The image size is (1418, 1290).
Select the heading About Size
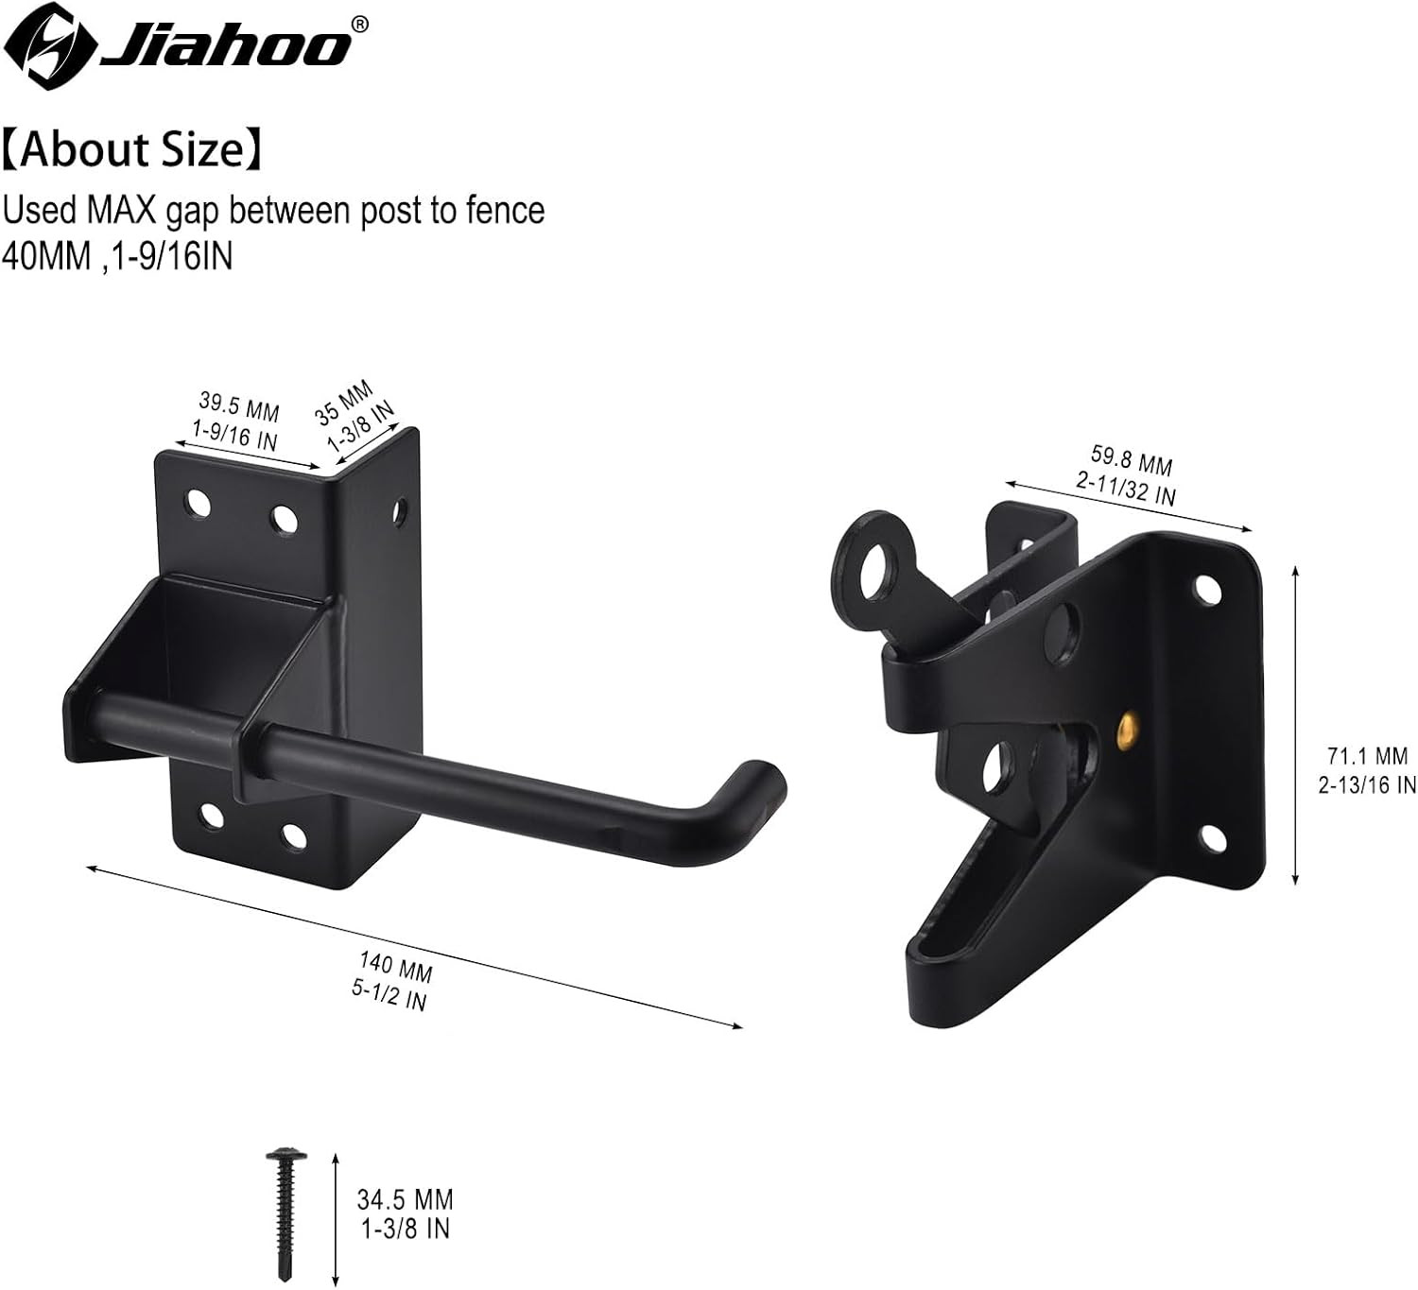coord(132,150)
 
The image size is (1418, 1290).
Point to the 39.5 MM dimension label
coord(239,407)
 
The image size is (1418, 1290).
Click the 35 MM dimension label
coord(342,403)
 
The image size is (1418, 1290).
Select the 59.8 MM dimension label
coord(1131,460)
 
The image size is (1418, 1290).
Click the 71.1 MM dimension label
coord(1367,756)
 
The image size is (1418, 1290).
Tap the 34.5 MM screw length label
coord(405,1199)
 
